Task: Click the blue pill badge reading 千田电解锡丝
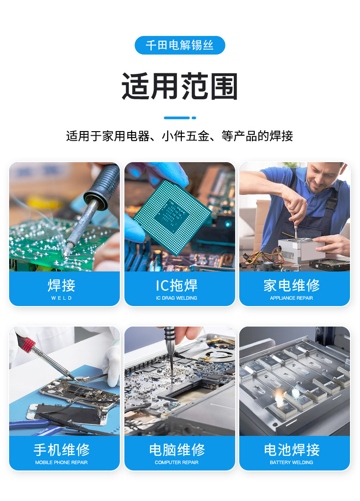coord(180,46)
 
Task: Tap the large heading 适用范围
coord(180,86)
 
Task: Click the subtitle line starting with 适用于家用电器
coord(180,136)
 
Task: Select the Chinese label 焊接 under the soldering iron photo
coord(62,286)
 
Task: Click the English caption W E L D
coord(62,298)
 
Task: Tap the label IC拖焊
coord(177,286)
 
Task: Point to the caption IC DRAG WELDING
coord(177,298)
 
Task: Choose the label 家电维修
coord(292,286)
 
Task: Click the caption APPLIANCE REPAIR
coord(292,298)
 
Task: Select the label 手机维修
coord(62,450)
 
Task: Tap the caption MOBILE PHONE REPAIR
coord(62,462)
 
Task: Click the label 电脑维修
coord(177,450)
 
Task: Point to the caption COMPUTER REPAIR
coord(177,462)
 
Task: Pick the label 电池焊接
coord(292,450)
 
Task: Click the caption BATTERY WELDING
coord(292,462)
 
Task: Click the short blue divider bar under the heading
coord(177,118)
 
